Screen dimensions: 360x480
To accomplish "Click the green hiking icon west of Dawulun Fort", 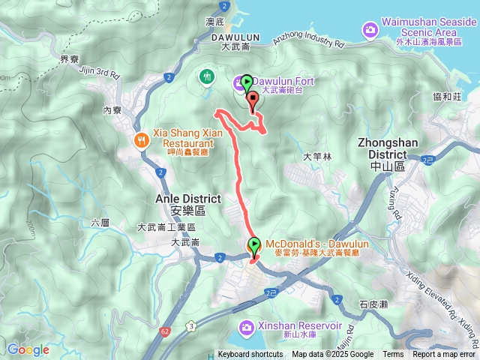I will click(206, 75).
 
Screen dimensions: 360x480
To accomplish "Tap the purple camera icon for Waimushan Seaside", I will click(370, 29).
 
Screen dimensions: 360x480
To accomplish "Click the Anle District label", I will click(187, 199).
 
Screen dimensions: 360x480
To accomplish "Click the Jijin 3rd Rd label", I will click(99, 73).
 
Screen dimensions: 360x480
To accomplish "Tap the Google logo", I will click(28, 349).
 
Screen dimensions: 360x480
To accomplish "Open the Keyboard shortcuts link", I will click(250, 355).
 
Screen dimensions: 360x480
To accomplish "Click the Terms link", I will click(393, 355).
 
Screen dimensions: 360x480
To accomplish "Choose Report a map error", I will click(444, 355).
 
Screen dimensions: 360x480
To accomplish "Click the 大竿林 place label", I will click(316, 157).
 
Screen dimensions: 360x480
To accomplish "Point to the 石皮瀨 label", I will click(372, 304).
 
